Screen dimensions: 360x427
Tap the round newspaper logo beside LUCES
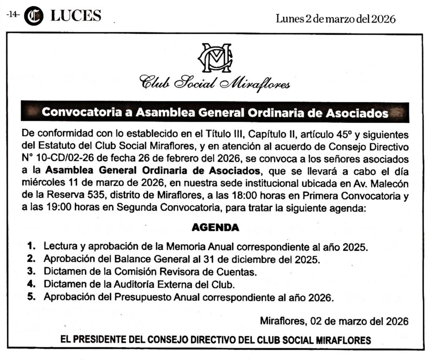click(x=34, y=16)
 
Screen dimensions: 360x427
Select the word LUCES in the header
click(x=75, y=16)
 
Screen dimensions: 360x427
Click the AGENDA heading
click(x=215, y=227)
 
